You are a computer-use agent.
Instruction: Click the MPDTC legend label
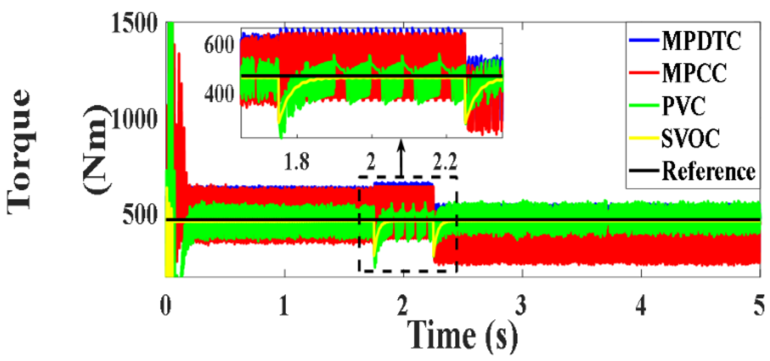701,41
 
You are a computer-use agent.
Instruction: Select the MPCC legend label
694,73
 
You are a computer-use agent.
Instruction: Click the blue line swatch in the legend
644,41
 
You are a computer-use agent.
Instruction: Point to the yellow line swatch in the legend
644,138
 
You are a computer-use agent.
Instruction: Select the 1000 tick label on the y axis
134,120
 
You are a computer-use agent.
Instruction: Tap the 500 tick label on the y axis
140,216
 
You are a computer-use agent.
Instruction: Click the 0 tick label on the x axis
166,306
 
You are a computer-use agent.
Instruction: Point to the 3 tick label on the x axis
521,306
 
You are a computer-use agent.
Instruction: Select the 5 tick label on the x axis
759,306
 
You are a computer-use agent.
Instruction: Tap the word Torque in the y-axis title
19,152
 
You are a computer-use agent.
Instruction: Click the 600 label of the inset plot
219,45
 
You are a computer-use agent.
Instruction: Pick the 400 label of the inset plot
219,93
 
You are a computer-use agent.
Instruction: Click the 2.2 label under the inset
445,162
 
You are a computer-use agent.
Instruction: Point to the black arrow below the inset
401,158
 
